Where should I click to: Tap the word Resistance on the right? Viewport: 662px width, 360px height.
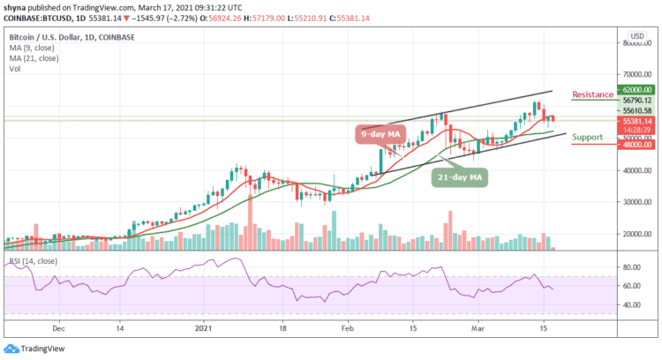pyautogui.click(x=592, y=94)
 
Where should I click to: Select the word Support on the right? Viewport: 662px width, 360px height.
pyautogui.click(x=588, y=138)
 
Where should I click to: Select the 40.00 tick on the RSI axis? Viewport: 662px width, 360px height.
pyautogui.click(x=629, y=305)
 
